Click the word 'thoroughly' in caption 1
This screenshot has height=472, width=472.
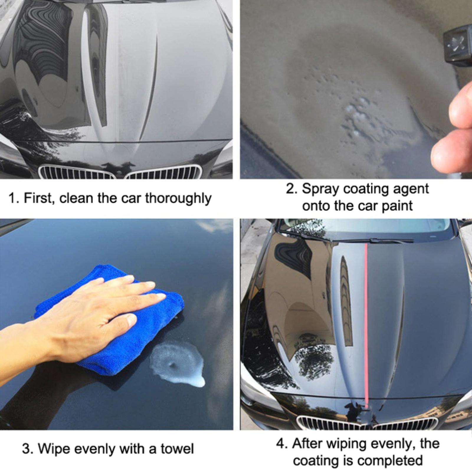178,199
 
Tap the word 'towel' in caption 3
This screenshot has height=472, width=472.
177,449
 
